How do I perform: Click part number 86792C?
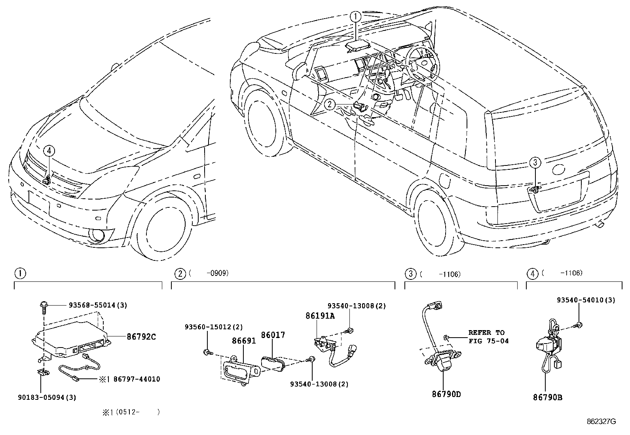141,337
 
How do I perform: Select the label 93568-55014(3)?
98,305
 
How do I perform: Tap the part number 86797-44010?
137,379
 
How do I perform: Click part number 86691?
244,340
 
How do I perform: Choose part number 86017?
273,335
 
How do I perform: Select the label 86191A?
320,316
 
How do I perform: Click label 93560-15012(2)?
214,327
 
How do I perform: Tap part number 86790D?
446,394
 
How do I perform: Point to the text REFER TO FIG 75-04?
488,336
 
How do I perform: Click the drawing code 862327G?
601,422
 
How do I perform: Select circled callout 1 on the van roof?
355,17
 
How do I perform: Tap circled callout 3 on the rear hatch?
535,162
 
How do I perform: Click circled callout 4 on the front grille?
49,151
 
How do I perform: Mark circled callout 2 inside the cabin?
330,104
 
